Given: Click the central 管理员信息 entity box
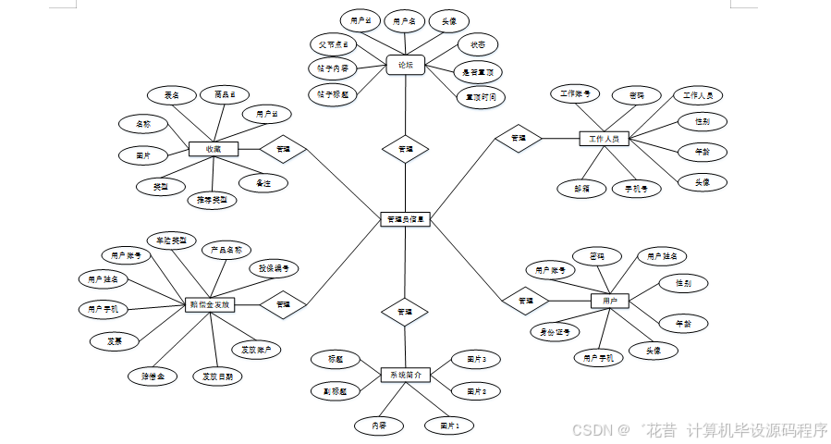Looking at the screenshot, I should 405,219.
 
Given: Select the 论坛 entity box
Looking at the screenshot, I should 405,65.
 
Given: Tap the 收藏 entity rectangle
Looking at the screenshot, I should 214,148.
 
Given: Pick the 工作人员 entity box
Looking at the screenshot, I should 604,139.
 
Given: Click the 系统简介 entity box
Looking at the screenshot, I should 405,375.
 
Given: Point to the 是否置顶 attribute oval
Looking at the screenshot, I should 478,71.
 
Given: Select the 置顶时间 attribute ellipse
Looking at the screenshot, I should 481,95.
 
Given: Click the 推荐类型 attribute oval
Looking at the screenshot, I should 214,199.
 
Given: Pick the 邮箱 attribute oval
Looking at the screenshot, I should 581,188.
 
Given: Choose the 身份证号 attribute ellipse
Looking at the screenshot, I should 555,331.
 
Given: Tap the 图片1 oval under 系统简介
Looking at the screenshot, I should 449,425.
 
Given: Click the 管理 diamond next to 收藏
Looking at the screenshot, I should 283,148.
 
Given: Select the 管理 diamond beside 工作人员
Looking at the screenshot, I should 518,139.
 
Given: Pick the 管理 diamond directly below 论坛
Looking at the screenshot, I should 405,148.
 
